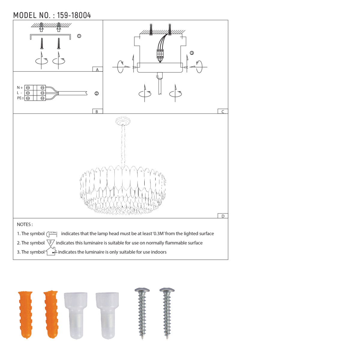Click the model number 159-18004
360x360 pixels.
[74, 15]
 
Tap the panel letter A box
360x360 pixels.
[97, 69]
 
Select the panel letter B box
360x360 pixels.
[97, 111]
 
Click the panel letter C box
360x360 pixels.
[223, 111]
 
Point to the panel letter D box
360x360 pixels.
[223, 216]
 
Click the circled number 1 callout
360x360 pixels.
[79, 36]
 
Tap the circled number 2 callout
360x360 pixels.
[97, 93]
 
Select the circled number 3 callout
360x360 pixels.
[192, 53]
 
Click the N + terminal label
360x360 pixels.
[20, 87]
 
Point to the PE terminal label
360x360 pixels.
[20, 98]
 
